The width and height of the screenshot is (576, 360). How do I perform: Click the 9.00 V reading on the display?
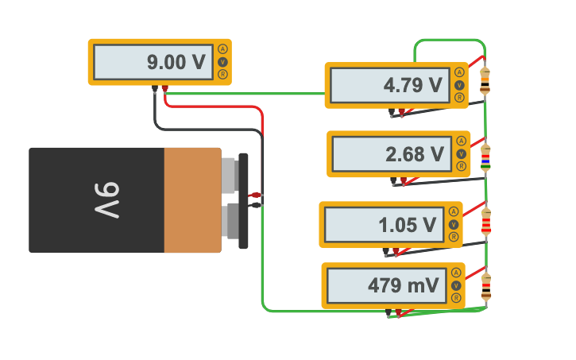pyautogui.click(x=176, y=62)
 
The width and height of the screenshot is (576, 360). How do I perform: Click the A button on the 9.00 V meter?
pyautogui.click(x=222, y=49)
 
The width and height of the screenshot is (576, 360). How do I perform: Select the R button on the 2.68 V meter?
pyautogui.click(x=461, y=166)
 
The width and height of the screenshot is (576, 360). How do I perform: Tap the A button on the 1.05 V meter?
pyautogui.click(x=454, y=212)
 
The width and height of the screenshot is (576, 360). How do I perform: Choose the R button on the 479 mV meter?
pyautogui.click(x=456, y=298)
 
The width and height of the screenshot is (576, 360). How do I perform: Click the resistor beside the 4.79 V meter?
pyautogui.click(x=485, y=81)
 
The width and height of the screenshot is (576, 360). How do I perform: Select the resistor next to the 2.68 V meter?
pyautogui.click(x=485, y=158)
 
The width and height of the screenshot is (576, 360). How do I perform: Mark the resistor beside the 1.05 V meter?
pyautogui.click(x=485, y=222)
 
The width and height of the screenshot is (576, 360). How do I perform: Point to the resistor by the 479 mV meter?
pyautogui.click(x=485, y=286)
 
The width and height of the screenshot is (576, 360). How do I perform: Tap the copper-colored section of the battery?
pyautogui.click(x=192, y=200)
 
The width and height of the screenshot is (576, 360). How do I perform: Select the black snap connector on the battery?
pyautogui.click(x=243, y=199)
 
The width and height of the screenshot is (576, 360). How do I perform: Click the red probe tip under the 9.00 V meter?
pyautogui.click(x=164, y=89)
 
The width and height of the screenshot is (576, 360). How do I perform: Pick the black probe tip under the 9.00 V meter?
pyautogui.click(x=154, y=89)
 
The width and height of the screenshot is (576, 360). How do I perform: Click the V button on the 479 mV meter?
pyautogui.click(x=456, y=285)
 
